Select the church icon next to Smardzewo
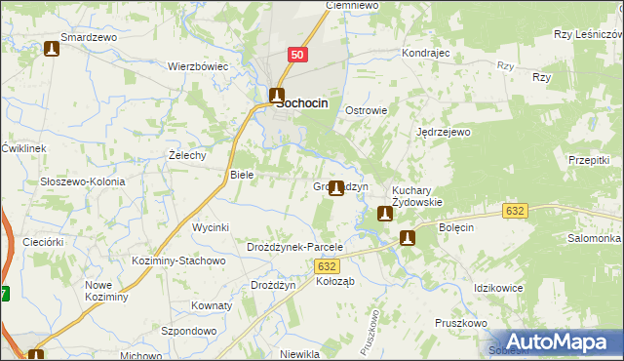tap(53, 48)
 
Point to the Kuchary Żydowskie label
tap(417, 196)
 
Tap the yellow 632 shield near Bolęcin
tap(516, 211)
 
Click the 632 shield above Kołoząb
tap(330, 265)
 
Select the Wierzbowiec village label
tap(198, 67)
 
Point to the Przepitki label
tap(589, 159)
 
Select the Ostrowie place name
tap(367, 110)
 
